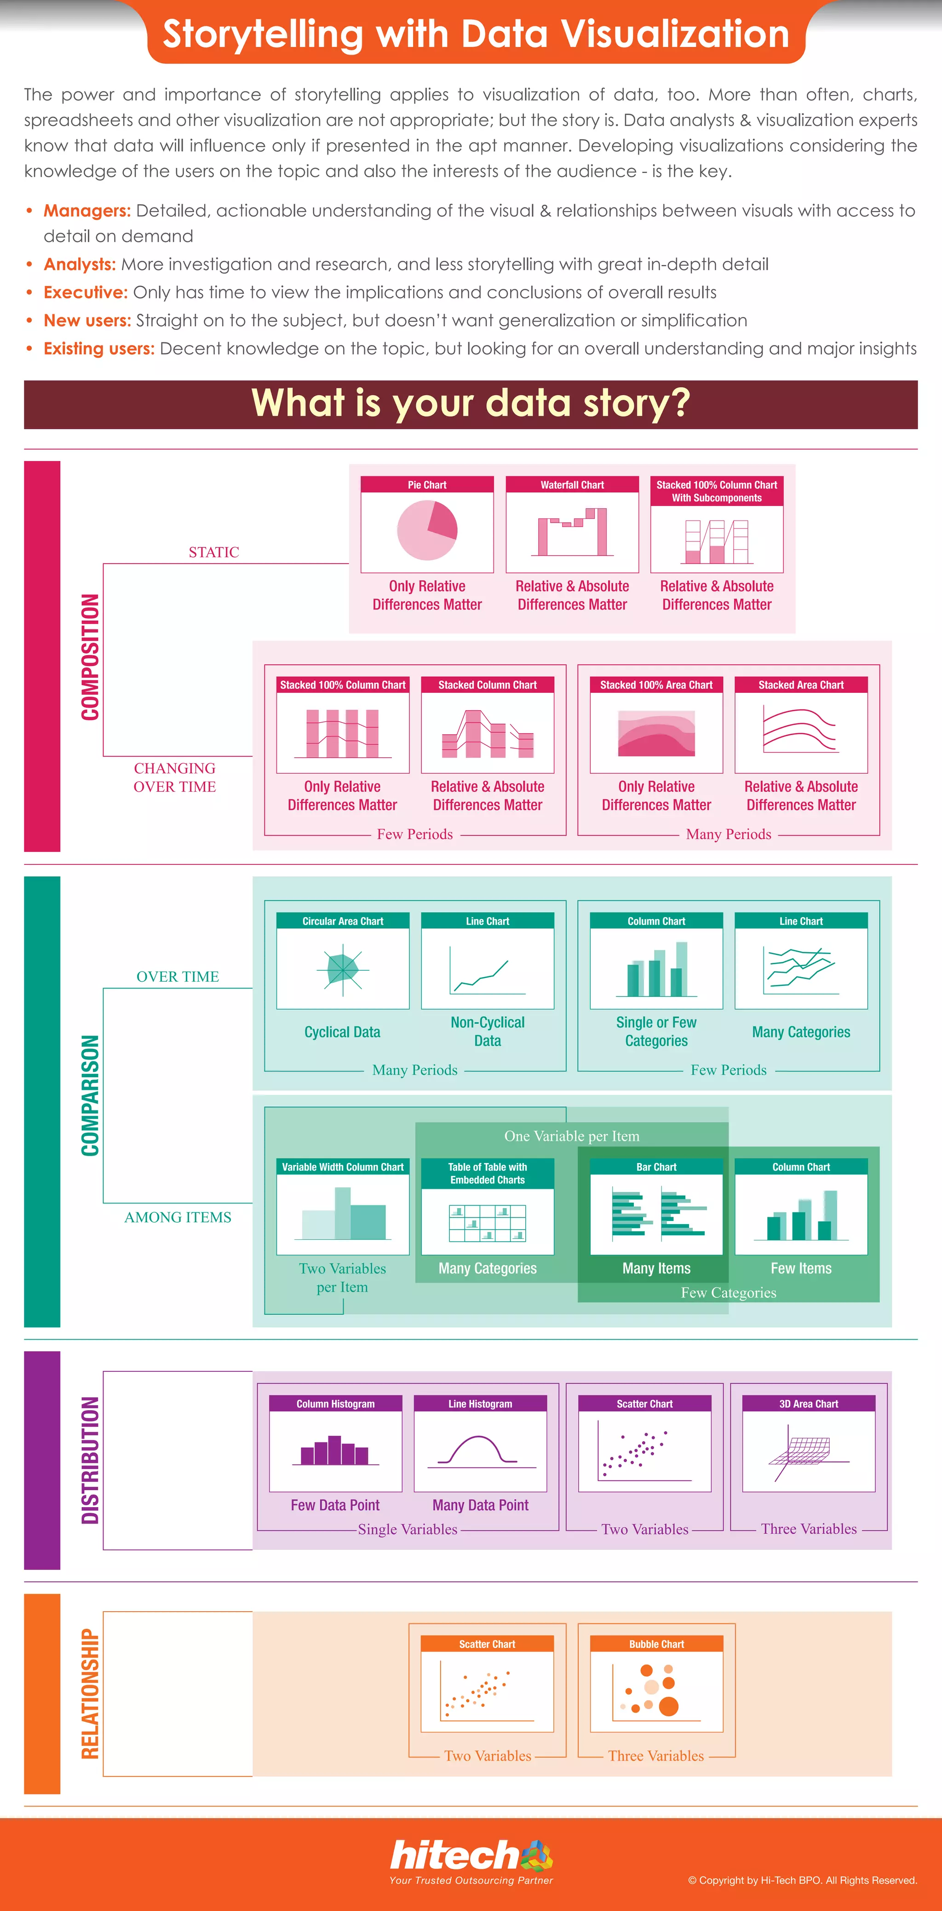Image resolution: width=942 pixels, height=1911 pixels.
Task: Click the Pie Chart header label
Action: point(427,484)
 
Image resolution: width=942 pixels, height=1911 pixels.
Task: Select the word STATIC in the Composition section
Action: point(213,552)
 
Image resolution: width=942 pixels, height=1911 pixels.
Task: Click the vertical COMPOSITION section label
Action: point(90,656)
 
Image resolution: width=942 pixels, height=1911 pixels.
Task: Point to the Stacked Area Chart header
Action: point(801,685)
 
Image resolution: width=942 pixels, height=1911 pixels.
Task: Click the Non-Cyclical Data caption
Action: point(487,1031)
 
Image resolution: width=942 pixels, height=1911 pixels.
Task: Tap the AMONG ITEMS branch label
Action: point(178,1217)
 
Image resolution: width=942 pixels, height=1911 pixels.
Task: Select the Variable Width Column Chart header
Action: point(343,1167)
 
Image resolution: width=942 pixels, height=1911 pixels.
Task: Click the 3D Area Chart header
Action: point(809,1404)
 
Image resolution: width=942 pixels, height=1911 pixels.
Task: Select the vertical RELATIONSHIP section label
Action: point(90,1694)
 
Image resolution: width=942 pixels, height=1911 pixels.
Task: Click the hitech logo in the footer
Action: point(471,1857)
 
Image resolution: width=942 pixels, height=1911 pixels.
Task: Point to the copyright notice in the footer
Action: point(803,1880)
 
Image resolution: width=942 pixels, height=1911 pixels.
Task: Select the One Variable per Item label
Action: point(572,1136)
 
